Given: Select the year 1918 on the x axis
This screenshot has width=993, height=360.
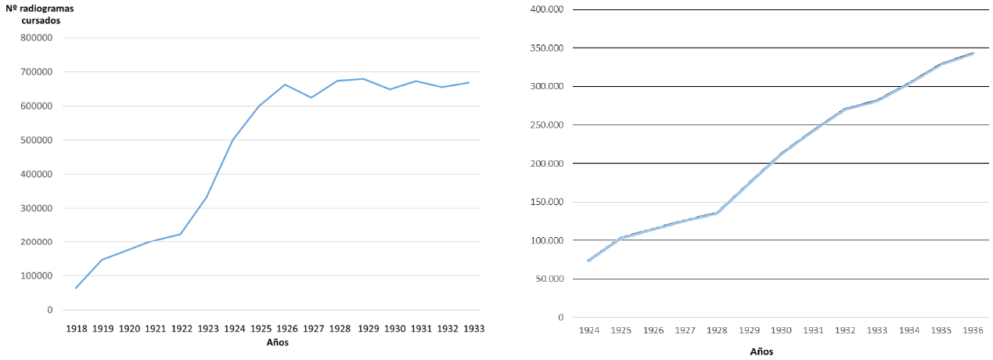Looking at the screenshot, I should coord(77,329).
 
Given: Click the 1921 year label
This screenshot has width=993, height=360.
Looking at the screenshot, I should coord(155,329).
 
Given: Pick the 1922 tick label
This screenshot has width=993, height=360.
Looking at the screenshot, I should coord(182,329).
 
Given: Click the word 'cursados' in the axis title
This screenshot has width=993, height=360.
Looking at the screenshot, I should coord(41,20).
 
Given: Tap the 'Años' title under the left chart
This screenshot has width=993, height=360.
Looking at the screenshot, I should coord(277,342).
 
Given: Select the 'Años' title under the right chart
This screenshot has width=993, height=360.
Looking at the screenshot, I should coord(761,351).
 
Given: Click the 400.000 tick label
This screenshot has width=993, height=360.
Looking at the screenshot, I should coord(546,9).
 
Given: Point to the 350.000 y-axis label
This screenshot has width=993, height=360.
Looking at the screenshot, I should coord(546,48).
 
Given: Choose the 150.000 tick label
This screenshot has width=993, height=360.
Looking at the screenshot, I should coord(546,202).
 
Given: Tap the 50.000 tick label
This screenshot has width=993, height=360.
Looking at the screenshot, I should coord(549,279).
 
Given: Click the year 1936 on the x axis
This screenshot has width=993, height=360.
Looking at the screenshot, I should coord(973,331).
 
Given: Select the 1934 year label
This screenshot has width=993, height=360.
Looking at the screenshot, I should coord(908,331).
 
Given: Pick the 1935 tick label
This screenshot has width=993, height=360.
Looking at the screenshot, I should coord(941,331).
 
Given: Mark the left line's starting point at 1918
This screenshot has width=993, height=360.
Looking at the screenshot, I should coord(76,288).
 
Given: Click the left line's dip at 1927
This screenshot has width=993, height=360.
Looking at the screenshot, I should coord(311,98).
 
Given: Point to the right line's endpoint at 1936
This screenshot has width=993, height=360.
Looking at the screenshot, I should coord(973,53).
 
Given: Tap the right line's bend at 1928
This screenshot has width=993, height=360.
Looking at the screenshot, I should coord(717,213).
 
